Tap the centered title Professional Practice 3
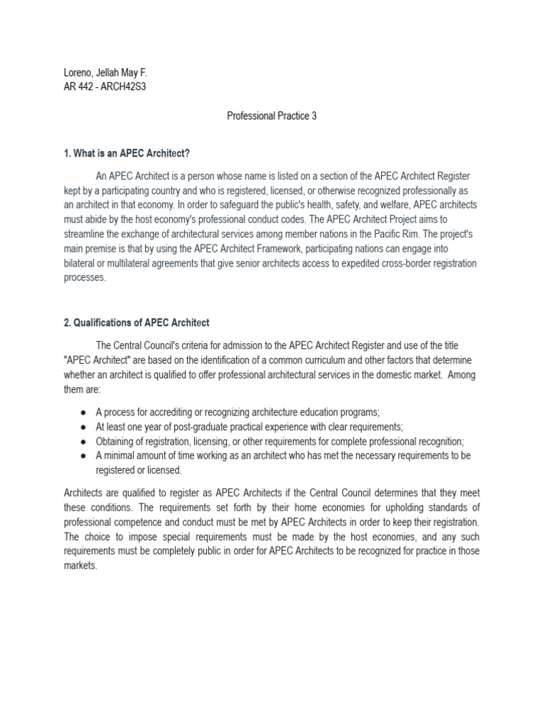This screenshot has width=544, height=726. [271, 116]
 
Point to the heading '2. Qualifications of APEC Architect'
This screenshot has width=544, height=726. [137, 323]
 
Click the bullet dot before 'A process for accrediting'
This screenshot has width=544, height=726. [84, 413]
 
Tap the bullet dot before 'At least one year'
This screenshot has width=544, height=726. [84, 427]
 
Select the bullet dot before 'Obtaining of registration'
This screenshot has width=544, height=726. [84, 441]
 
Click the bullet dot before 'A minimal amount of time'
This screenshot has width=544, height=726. [84, 455]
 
